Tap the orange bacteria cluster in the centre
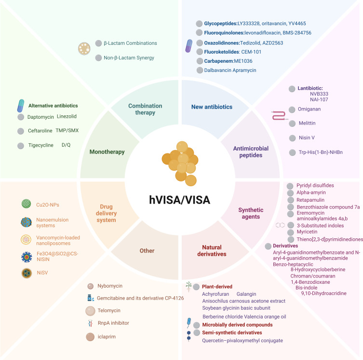181,162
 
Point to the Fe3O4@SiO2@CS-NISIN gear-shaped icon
27,256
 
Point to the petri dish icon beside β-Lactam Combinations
85,49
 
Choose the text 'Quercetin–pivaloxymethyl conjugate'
242,341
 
